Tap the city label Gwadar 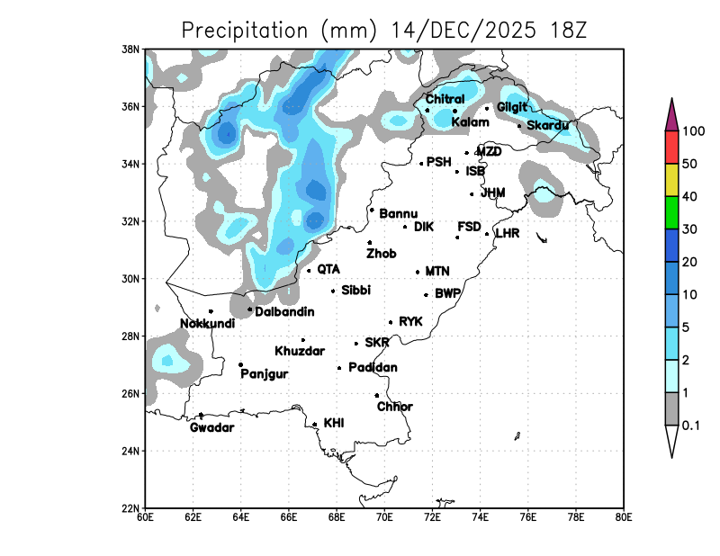[211, 427]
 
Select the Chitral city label [445, 99]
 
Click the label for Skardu [547, 125]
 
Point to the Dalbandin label [284, 312]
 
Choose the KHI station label [334, 423]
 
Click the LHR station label [508, 234]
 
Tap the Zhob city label [381, 254]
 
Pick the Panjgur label [264, 374]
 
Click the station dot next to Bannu [372, 210]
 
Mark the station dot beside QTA [309, 270]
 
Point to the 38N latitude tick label [131, 49]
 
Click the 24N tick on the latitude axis [131, 451]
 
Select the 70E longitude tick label [384, 517]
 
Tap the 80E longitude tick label [624, 517]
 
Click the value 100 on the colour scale [693, 131]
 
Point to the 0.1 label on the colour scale [691, 426]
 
